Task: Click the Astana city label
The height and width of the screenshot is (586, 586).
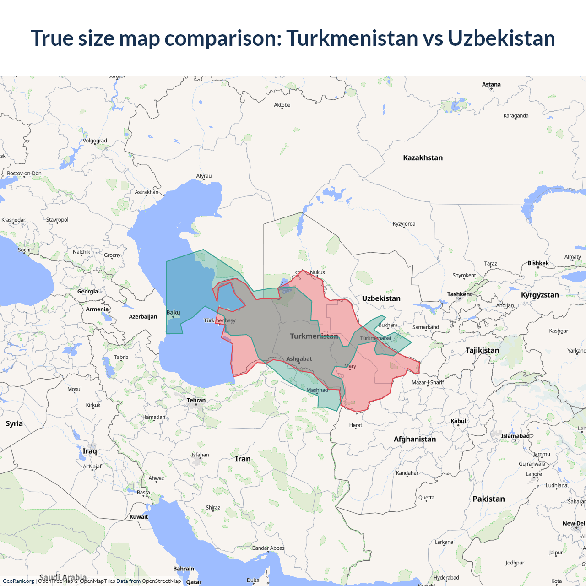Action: tap(491, 84)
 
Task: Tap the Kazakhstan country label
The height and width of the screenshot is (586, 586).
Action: tap(423, 158)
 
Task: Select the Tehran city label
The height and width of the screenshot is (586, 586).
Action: tap(196, 400)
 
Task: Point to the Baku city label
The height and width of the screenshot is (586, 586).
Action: tap(173, 313)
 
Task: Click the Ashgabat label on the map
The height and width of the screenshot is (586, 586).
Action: tap(299, 359)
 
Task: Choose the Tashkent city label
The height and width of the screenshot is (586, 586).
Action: tap(459, 294)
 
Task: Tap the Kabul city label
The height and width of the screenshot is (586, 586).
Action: tap(458, 421)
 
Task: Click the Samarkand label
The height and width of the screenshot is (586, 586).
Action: tap(425, 327)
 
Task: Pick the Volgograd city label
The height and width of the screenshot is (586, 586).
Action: tap(95, 141)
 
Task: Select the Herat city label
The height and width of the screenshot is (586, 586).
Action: tap(355, 425)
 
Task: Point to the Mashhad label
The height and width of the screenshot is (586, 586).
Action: tap(317, 390)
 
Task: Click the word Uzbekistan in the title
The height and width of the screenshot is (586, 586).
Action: tap(501, 38)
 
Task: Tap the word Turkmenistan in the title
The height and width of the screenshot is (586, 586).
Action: tap(352, 38)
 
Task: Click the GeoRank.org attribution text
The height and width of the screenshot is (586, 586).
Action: tap(18, 581)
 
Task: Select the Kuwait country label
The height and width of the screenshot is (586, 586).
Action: tap(139, 517)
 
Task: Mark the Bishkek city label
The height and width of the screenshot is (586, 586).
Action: tap(538, 263)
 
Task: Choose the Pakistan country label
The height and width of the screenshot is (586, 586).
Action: tap(488, 499)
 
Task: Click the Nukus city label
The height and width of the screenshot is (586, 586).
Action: tap(317, 272)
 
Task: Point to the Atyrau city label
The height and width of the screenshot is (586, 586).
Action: tap(204, 176)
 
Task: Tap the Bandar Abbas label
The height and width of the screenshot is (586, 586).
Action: tap(268, 548)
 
